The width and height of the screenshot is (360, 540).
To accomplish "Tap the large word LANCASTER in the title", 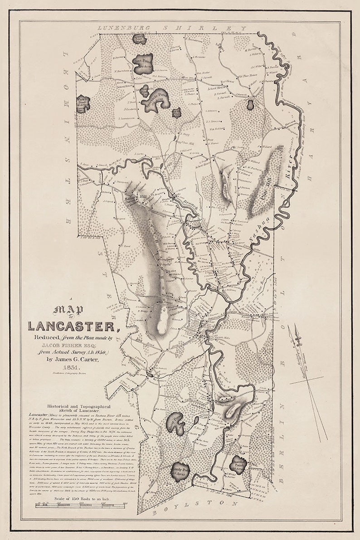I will (x=72, y=326).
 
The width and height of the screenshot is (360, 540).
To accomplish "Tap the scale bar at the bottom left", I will (x=75, y=506).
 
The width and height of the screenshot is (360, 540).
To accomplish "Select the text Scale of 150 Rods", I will (x=75, y=500).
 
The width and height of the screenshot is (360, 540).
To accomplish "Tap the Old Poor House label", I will (x=248, y=75).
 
